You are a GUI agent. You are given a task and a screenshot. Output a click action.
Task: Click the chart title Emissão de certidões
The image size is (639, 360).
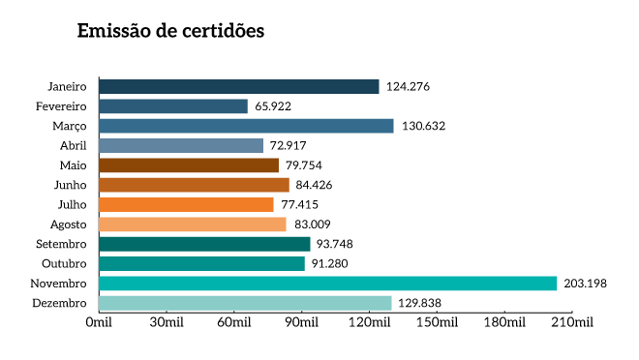(x=170, y=31)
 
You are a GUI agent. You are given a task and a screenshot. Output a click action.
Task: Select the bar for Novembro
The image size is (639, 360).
(x=327, y=284)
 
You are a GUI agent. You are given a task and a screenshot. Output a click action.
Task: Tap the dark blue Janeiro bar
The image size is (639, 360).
(x=239, y=87)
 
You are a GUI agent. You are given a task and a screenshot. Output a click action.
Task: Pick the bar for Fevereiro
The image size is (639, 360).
(x=173, y=106)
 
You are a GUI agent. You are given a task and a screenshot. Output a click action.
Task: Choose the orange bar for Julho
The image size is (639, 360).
(x=186, y=205)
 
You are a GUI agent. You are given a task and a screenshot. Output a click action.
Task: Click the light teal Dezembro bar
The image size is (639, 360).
(x=245, y=303)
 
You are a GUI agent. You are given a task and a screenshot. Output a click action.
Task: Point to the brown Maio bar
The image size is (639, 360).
(x=189, y=165)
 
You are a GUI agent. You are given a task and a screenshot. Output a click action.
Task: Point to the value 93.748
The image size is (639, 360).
(x=335, y=245)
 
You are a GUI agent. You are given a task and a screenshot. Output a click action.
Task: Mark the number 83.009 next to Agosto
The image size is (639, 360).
(x=313, y=225)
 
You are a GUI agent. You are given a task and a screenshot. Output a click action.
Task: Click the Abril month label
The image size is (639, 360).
(x=73, y=146)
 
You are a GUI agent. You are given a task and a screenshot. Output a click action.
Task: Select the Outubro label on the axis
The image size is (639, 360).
(x=65, y=264)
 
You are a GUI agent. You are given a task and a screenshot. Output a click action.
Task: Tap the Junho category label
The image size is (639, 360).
(x=71, y=186)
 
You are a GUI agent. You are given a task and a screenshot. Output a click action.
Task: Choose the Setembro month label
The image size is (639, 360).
(x=62, y=245)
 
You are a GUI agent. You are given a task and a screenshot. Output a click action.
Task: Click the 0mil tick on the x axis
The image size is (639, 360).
(x=99, y=321)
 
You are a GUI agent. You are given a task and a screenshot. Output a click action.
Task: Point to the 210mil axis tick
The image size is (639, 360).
(x=570, y=321)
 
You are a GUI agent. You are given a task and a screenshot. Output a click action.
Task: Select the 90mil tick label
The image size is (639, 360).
(x=300, y=321)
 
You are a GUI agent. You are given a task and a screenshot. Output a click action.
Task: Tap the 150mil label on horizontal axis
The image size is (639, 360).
(x=435, y=321)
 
